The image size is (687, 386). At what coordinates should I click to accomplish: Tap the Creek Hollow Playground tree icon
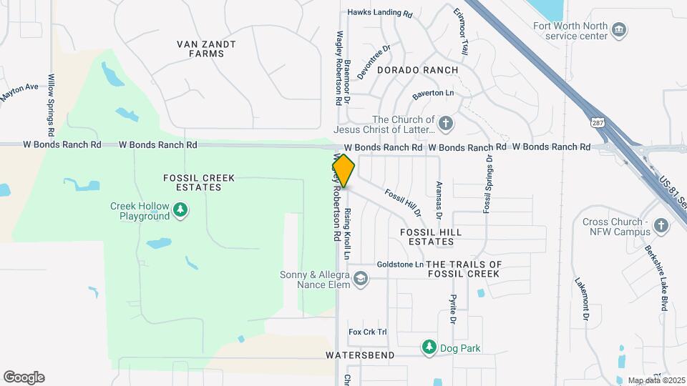coord(182,209)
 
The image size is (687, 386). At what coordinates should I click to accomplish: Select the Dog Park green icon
coord(429,347)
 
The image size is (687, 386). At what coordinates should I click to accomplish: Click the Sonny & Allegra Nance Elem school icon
coord(361,278)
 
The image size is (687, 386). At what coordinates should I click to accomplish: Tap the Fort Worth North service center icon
coord(620,30)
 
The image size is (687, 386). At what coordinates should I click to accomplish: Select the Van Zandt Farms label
coord(206,49)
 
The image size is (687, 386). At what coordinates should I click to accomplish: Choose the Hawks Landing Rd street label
coord(381,13)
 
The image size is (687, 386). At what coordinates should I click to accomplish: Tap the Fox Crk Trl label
coord(367,332)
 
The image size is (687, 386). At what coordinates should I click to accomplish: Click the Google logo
coord(24,377)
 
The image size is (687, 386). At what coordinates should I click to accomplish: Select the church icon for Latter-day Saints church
coord(446,124)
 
